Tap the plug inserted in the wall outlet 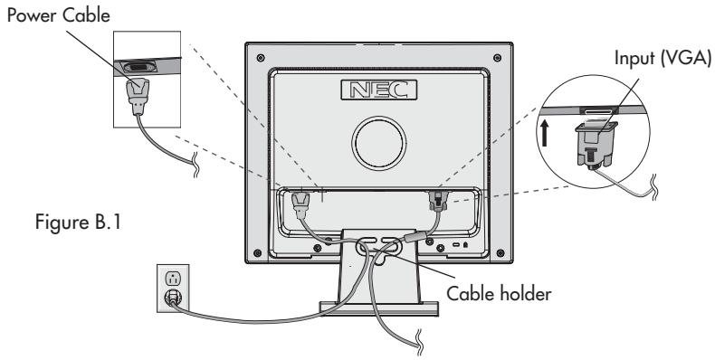tap(171, 296)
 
